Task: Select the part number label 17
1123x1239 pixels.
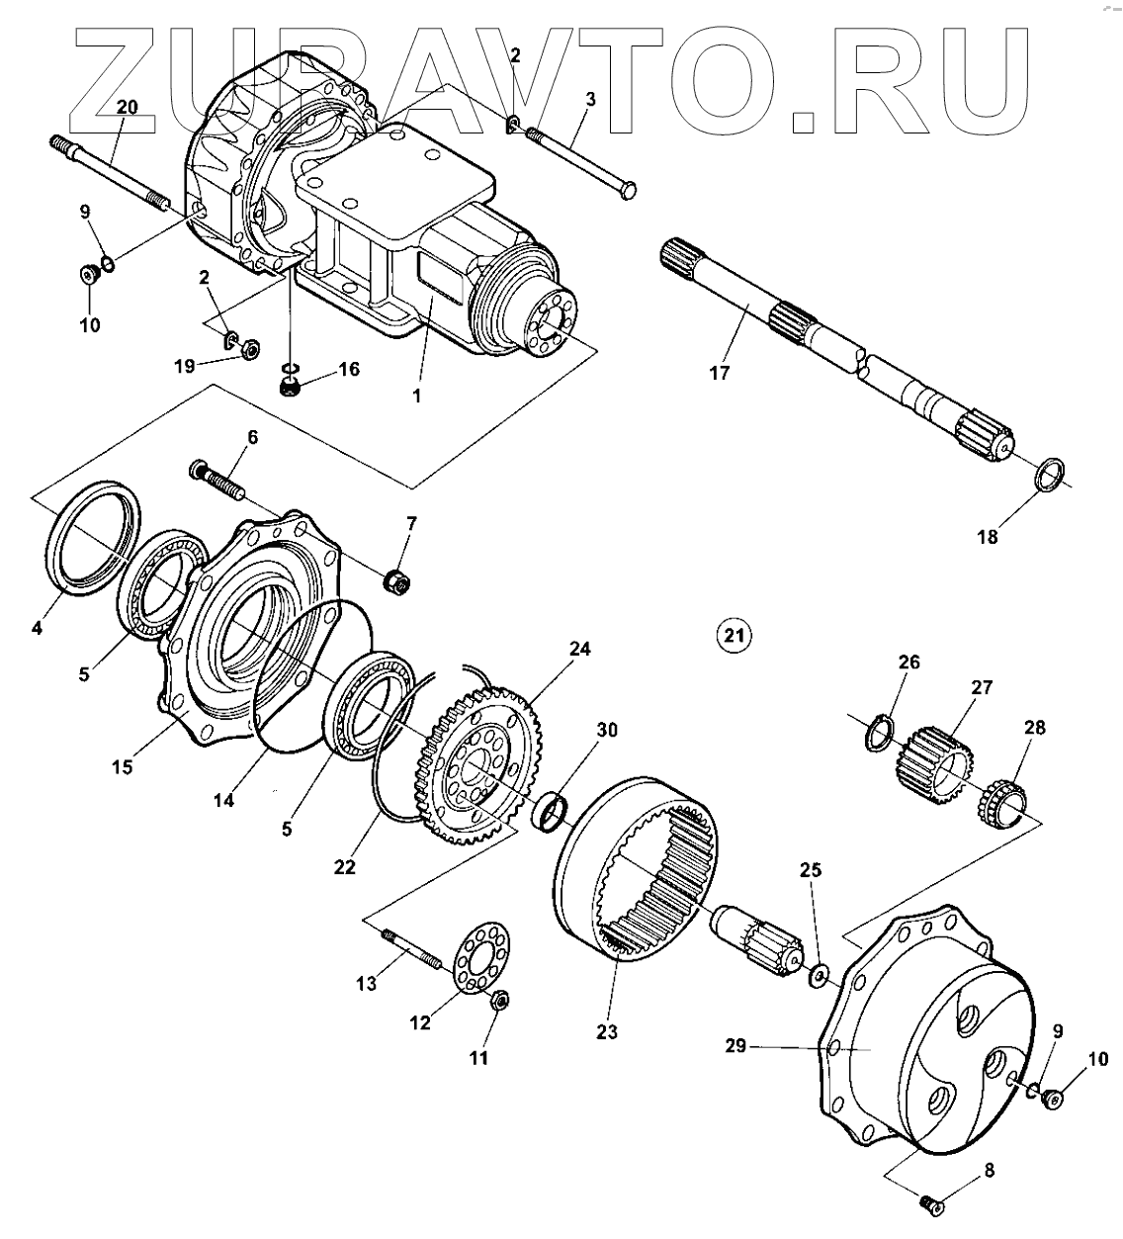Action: (719, 373)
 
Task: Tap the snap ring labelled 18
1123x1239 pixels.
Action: (1050, 474)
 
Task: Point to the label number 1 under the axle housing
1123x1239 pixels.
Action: (416, 395)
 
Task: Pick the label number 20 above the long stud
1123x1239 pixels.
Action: (128, 107)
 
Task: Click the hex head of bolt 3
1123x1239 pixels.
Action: (625, 191)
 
